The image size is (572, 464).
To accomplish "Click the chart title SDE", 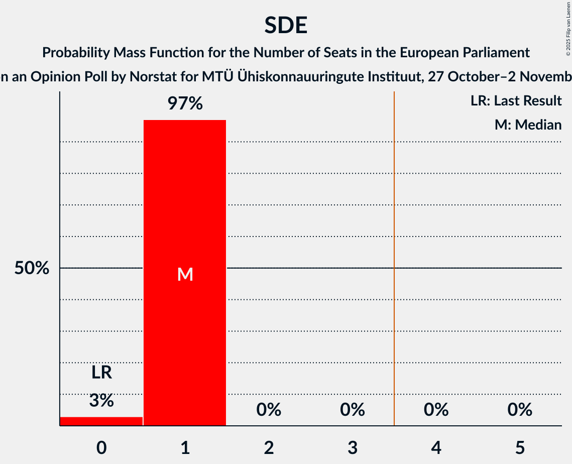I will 286,25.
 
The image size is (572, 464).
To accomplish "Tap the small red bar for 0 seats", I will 101,421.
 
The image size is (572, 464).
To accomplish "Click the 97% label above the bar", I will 185,104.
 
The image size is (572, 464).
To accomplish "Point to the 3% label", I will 101,400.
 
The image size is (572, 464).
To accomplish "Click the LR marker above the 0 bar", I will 101,373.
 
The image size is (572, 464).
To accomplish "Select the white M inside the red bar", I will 185,274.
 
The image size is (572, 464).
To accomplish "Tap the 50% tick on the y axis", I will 32,268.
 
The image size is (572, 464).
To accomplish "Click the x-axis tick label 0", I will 101,447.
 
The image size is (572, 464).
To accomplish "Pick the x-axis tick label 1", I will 185,447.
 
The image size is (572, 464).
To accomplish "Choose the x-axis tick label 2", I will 269,447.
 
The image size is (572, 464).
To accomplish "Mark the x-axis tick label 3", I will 353,447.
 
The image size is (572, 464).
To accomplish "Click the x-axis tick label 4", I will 436,447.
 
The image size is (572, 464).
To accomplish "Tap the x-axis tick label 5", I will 520,447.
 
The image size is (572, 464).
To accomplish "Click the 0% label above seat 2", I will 269,410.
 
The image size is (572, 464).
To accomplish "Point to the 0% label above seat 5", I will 520,410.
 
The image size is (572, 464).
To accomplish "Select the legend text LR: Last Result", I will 516,101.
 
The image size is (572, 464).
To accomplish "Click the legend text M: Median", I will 528,125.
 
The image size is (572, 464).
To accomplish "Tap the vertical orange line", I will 394,251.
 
